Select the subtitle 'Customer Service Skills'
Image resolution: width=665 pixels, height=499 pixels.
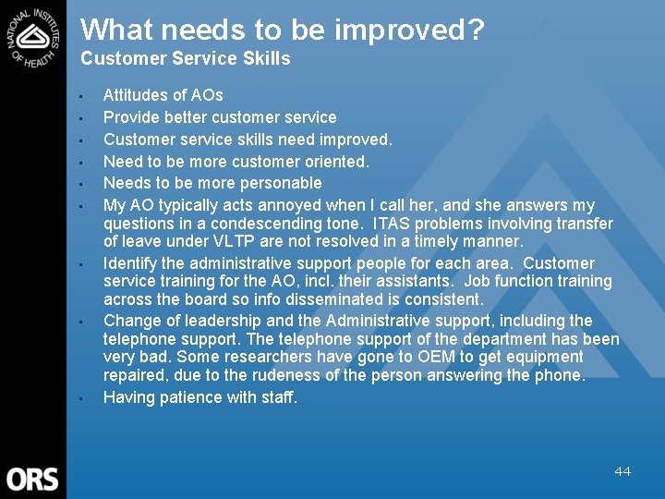tap(186, 59)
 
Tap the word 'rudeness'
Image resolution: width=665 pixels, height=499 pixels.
tap(309, 375)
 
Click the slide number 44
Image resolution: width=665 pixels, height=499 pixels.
tap(623, 471)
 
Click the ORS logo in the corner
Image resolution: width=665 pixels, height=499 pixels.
tap(32, 479)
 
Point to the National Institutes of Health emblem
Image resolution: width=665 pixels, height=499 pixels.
tap(34, 38)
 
